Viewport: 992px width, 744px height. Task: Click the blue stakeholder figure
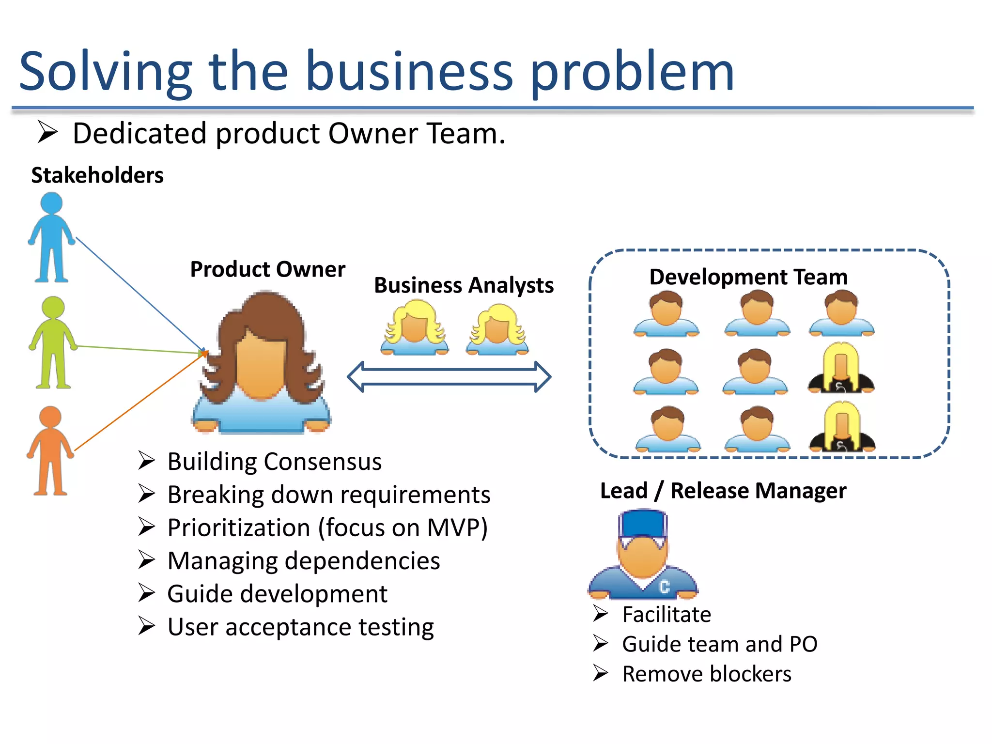(51, 237)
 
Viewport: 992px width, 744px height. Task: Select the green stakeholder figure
(53, 341)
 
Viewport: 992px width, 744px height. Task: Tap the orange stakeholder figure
(50, 450)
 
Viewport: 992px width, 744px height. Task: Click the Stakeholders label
(97, 175)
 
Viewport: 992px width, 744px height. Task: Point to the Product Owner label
(267, 269)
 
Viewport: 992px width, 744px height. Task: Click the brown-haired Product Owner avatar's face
(261, 366)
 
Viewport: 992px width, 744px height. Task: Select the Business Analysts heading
(464, 285)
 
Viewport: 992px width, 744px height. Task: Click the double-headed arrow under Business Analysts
(449, 377)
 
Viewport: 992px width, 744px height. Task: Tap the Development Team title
(748, 277)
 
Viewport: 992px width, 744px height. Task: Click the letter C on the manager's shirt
(665, 587)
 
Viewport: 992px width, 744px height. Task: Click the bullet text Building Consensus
(274, 462)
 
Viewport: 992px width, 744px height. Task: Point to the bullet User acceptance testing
(300, 627)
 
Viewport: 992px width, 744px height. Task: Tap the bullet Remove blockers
(706, 674)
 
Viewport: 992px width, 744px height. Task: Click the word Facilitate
(666, 615)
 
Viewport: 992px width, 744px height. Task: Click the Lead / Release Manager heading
(723, 491)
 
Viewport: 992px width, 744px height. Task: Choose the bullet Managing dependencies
(303, 561)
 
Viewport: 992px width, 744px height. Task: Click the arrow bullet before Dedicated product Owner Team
(47, 133)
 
